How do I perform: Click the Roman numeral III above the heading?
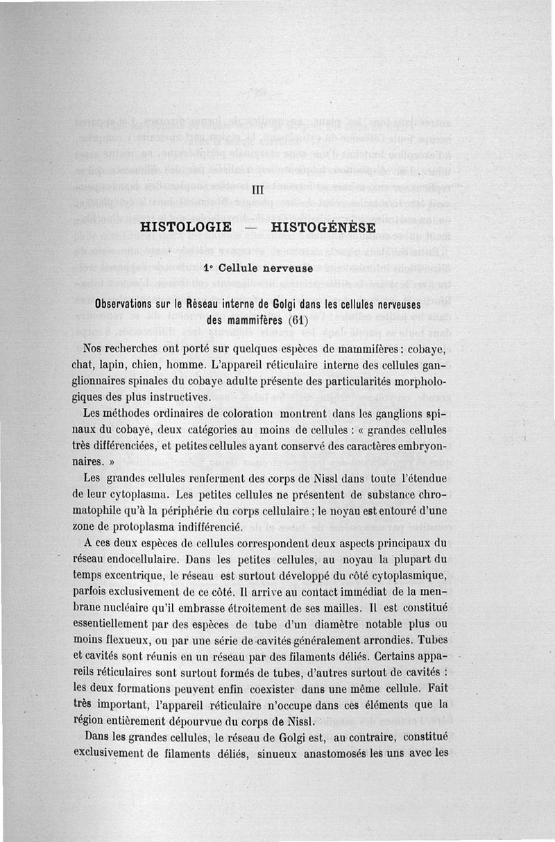258,189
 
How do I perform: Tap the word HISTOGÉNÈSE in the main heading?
323,227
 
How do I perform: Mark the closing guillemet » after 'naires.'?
110,461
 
